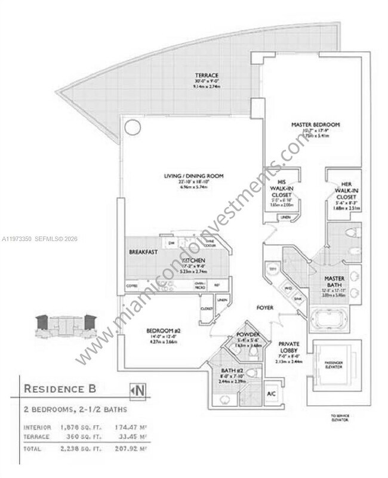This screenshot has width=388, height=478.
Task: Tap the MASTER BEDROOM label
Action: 315,125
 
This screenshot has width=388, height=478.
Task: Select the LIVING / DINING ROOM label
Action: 194,175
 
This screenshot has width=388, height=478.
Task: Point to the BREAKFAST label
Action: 143,252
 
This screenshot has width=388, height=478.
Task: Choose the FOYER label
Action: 264,308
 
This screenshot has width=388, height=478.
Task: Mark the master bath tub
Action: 327,319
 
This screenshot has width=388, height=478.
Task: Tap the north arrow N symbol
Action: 138,391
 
